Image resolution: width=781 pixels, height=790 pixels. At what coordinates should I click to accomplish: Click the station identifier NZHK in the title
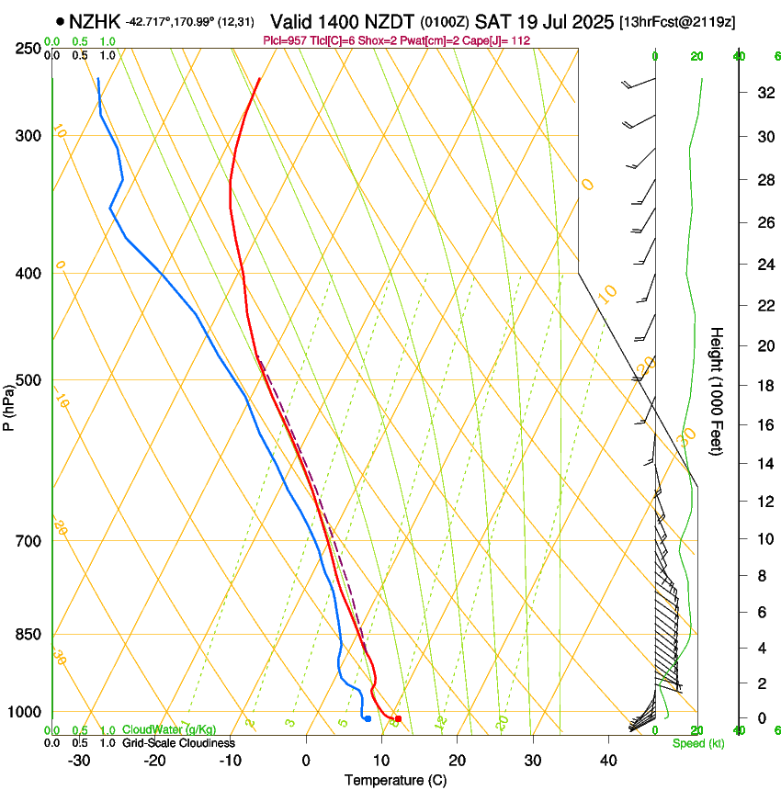pos(96,20)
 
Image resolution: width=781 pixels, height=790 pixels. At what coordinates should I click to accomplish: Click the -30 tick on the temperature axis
pos(79,761)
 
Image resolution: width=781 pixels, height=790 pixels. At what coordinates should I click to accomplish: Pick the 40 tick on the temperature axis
pos(607,761)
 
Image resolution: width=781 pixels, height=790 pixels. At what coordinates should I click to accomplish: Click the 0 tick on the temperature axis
pos(306,761)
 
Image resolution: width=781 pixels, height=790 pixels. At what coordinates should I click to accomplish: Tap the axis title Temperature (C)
pos(395,780)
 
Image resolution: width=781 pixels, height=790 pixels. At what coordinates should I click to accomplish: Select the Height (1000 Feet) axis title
pos(717,391)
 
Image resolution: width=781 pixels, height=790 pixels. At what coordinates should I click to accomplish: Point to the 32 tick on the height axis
pos(763,93)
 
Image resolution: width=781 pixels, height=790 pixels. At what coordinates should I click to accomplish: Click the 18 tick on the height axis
pos(763,386)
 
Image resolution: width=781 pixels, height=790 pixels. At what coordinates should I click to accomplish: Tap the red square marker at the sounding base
pos(398,718)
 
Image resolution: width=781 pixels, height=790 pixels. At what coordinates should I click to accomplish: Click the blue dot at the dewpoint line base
pos(368,718)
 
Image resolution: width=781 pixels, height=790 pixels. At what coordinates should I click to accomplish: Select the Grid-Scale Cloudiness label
pos(178,742)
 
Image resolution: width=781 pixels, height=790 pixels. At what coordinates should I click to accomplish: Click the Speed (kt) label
pos(697,742)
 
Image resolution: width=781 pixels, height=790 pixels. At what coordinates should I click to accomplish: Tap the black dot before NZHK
pos(61,20)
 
